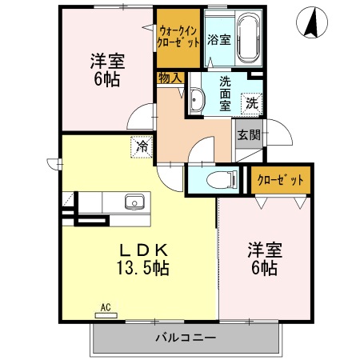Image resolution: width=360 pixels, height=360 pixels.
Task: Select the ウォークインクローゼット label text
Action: coord(178,37)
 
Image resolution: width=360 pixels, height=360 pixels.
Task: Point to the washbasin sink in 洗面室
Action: coord(198,100)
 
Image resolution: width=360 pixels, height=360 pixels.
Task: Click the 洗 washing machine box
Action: coord(251,102)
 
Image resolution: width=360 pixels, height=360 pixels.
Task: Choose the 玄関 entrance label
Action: coord(248,134)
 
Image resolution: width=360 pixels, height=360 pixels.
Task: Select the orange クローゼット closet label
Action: coord(279,181)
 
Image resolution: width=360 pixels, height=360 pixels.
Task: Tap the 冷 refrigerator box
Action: coord(142,146)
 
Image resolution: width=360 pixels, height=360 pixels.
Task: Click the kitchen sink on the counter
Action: coord(134,202)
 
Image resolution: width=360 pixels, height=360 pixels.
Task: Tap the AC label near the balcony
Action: coord(105,306)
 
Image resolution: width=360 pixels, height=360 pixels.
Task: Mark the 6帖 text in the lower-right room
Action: coord(264,269)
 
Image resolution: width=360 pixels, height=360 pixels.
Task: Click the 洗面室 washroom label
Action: coord(225,91)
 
